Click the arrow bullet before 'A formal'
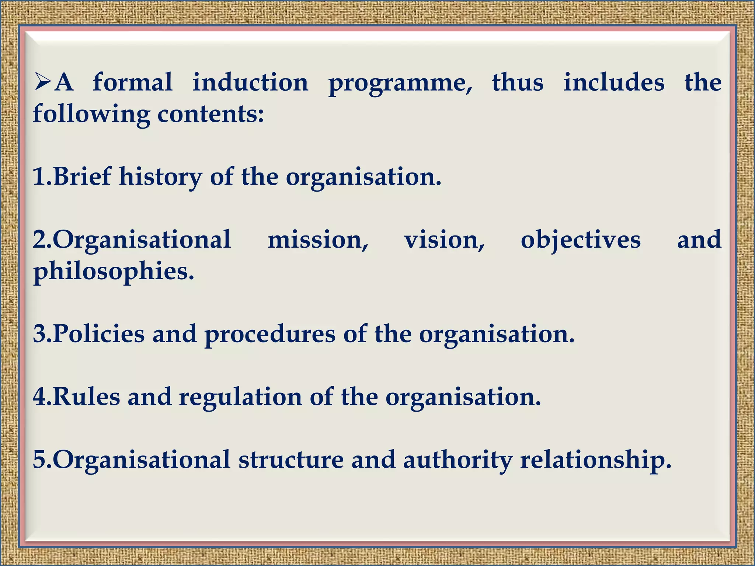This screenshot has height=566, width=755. pos(43,82)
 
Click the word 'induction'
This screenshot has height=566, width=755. pos(250,82)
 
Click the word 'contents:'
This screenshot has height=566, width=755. pos(211,113)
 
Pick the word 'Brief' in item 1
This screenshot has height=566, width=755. pos(82,176)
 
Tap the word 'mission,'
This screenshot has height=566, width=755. pos(318,240)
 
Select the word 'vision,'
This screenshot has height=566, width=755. pos(444,240)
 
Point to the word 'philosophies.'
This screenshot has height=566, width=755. pos(114,272)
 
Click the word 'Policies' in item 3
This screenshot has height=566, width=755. pos(99,334)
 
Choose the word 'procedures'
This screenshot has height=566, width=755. pos(270,335)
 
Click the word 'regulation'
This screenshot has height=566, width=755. pos(240,397)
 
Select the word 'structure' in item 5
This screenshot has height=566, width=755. pos(291,460)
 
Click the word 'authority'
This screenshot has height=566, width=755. pos(457,460)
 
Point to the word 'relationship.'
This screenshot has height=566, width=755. pos(595,460)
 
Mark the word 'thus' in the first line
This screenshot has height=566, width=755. pos(518,82)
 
